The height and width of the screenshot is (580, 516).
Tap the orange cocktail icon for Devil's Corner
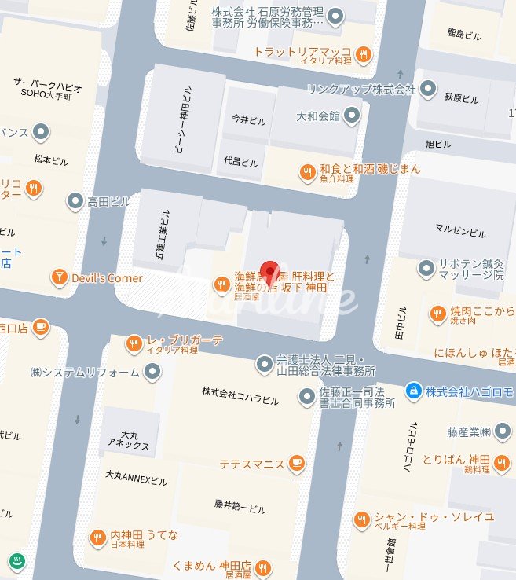click(59, 277)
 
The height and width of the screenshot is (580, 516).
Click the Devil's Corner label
click(107, 278)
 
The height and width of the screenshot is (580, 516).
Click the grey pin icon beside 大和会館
click(352, 116)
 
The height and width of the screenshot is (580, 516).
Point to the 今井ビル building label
click(244, 121)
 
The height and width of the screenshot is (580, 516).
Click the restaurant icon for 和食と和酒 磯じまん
click(308, 172)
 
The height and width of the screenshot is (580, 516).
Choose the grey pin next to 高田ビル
click(75, 201)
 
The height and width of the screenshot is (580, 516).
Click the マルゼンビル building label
click(460, 231)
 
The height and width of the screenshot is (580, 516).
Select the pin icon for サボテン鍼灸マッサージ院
click(426, 269)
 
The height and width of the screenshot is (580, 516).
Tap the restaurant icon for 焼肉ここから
click(437, 314)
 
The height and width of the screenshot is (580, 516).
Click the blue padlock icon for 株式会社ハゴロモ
click(413, 390)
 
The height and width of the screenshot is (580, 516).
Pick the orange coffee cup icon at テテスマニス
click(296, 464)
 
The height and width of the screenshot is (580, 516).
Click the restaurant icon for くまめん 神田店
click(263, 567)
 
